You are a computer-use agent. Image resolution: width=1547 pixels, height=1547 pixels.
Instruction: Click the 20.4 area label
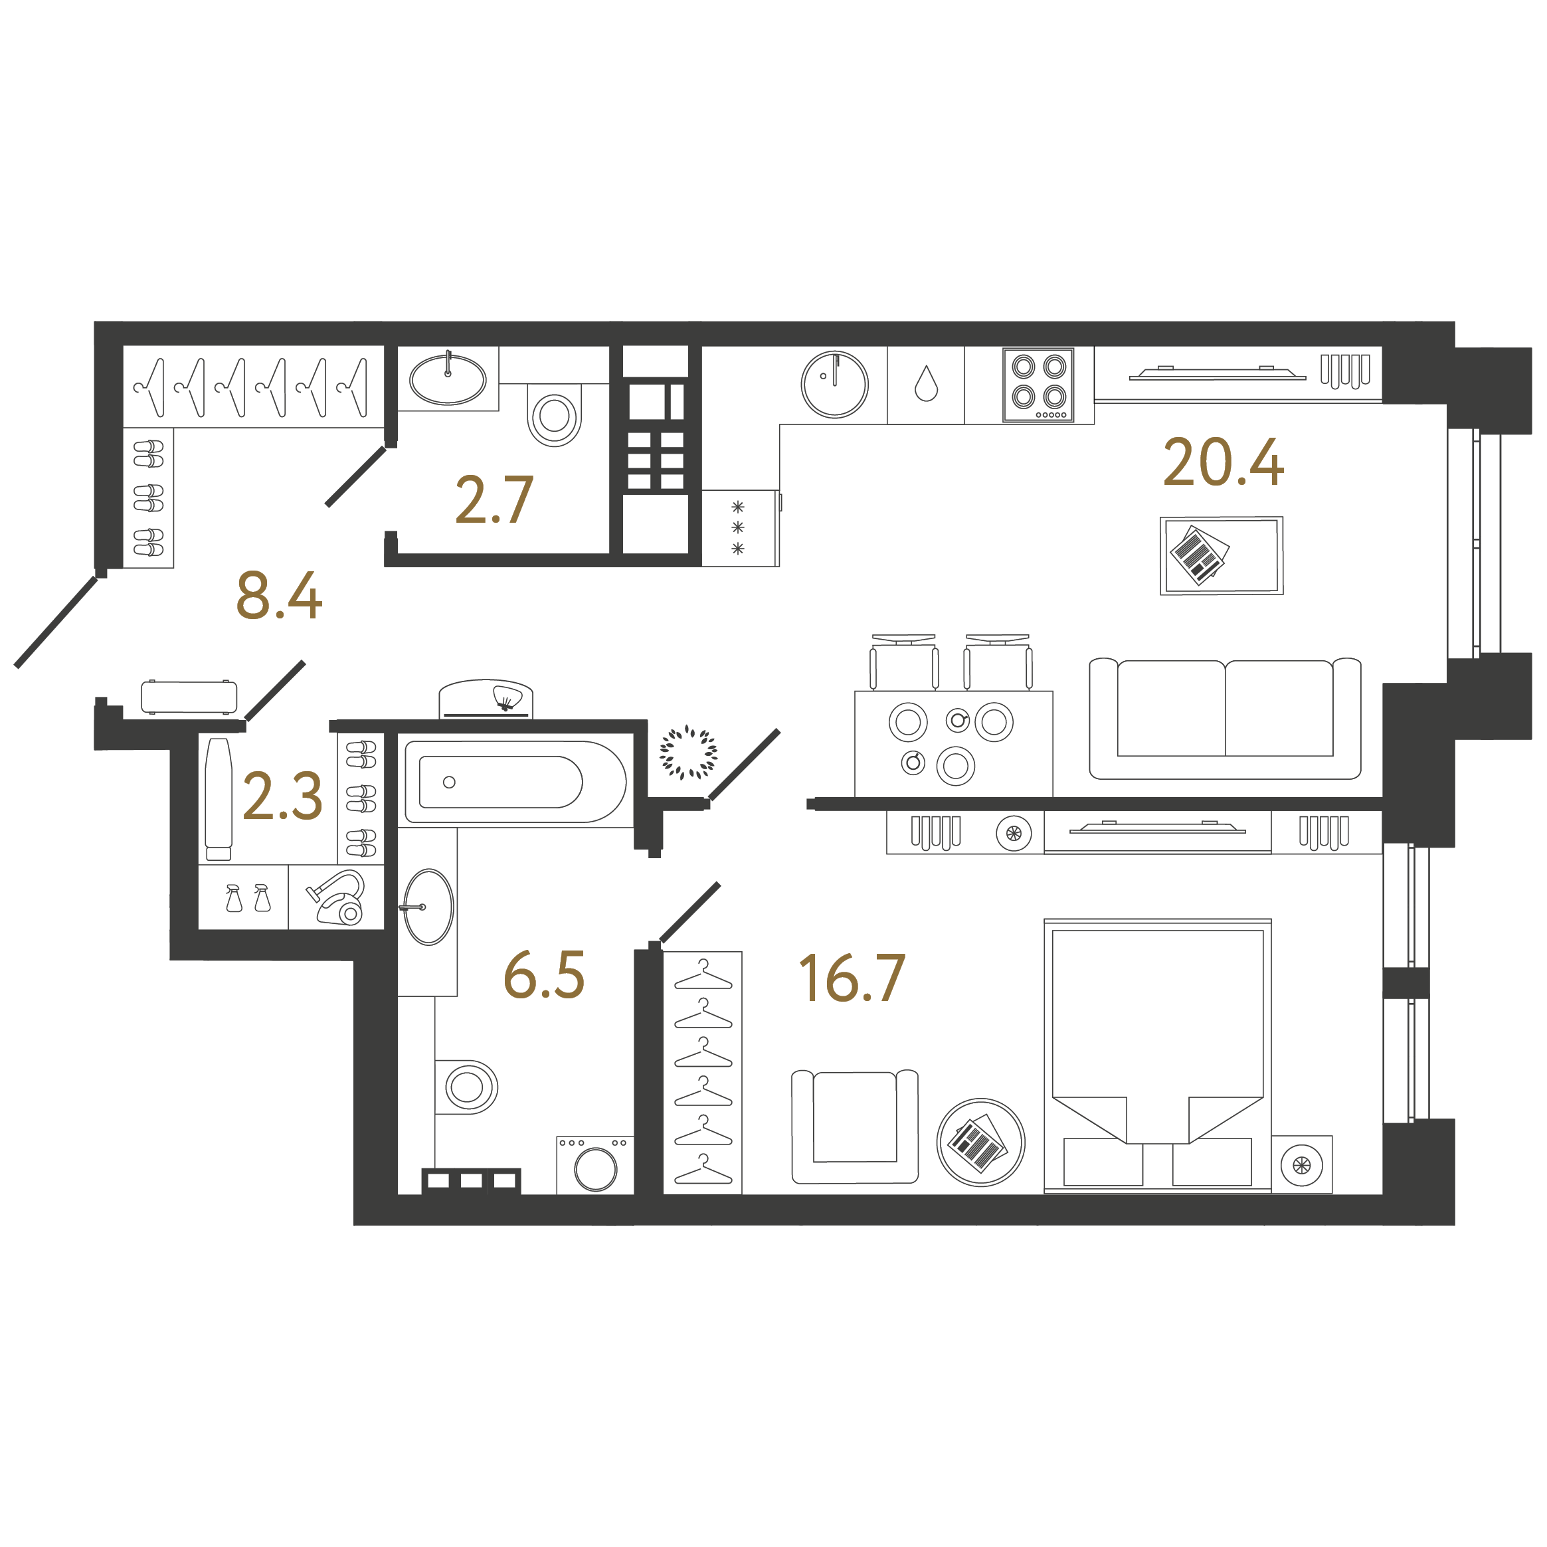[1223, 464]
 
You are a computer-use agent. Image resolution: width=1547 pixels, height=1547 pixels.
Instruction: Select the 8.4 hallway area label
[279, 596]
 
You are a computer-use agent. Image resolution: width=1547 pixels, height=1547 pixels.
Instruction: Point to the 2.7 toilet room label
[494, 500]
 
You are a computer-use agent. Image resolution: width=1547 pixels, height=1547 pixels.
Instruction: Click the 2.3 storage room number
[282, 796]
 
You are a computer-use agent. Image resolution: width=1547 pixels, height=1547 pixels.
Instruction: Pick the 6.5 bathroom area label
[544, 976]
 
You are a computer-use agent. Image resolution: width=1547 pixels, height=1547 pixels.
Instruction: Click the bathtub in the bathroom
[515, 782]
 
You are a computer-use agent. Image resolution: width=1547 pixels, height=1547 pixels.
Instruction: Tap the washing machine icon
[596, 1166]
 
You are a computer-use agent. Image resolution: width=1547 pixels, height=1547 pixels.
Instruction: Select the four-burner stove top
[1039, 385]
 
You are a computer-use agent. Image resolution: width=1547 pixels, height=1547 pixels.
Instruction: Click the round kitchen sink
[834, 385]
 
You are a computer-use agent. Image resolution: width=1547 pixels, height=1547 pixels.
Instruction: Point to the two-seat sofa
[1224, 718]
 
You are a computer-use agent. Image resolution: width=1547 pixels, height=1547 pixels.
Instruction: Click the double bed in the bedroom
[1157, 1055]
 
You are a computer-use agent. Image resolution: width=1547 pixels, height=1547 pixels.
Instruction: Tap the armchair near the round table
[854, 1126]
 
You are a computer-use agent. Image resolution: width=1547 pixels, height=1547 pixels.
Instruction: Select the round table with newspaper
[980, 1142]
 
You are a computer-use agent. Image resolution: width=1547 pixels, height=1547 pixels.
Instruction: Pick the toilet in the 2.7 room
[554, 414]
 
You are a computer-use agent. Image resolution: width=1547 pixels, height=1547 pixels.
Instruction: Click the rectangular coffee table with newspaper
[1221, 555]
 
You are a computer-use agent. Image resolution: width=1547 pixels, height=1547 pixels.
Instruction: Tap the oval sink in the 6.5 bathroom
[428, 907]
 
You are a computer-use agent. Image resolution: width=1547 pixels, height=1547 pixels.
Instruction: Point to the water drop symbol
[926, 385]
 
